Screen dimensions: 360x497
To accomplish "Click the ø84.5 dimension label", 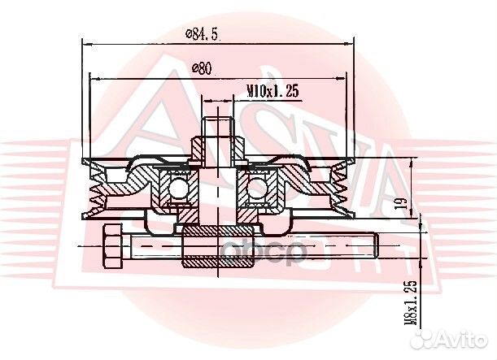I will (x=203, y=33).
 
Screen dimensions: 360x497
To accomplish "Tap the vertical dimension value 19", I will (x=398, y=203).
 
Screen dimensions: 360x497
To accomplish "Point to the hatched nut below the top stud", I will (x=219, y=150).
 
